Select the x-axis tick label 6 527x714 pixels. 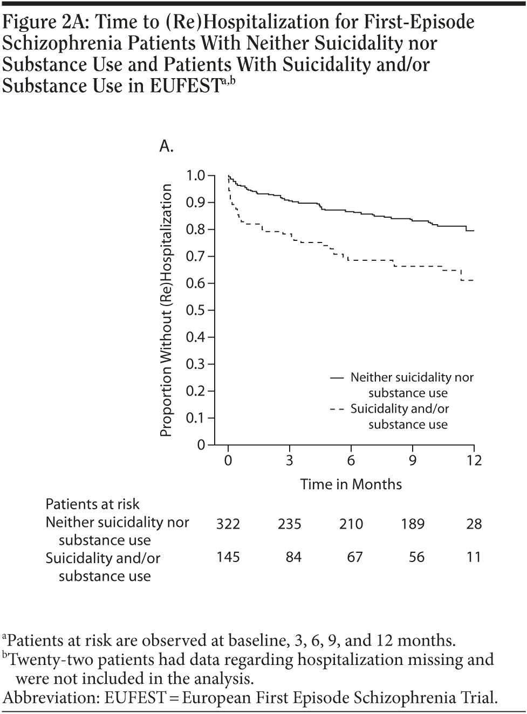point(351,461)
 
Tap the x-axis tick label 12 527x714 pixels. point(474,461)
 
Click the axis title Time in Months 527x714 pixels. point(351,484)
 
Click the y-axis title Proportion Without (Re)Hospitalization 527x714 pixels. point(167,310)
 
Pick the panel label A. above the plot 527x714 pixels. point(166,146)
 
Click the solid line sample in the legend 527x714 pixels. point(337,378)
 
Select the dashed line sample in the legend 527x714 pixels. point(337,409)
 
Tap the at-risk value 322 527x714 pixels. point(228,524)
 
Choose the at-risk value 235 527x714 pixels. point(290,524)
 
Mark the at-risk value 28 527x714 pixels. point(474,524)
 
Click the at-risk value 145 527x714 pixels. point(228,557)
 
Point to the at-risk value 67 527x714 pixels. point(354,557)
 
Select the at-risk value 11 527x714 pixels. point(473,557)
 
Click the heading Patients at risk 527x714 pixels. point(92,504)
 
